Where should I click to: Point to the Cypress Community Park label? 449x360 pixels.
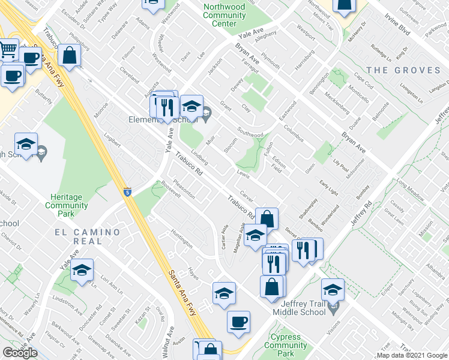click(286, 346)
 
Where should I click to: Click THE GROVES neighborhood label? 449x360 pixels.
click(403, 70)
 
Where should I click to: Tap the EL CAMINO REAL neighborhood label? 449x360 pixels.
click(86, 236)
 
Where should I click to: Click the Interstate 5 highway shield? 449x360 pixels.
click(128, 192)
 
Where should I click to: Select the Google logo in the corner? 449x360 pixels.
click(20, 353)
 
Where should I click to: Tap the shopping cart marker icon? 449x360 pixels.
click(8, 49)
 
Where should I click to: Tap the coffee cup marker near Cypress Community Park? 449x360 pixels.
click(238, 321)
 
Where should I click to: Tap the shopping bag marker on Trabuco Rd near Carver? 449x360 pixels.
click(268, 219)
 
